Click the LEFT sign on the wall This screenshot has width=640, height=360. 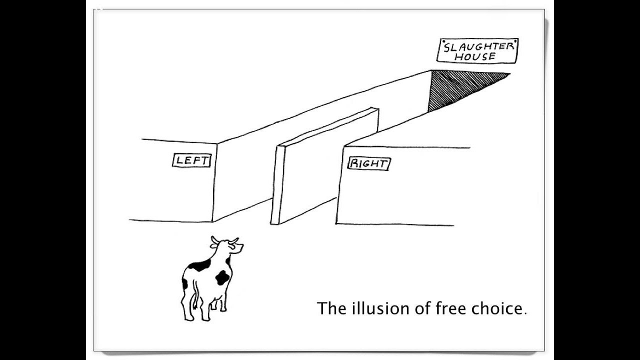(191, 160)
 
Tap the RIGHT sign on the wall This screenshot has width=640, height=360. (369, 164)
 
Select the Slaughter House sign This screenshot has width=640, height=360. (477, 51)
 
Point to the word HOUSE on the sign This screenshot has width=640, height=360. (475, 56)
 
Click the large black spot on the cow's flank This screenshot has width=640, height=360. (222, 277)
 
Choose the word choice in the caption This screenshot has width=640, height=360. (497, 308)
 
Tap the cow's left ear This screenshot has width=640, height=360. (214, 245)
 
